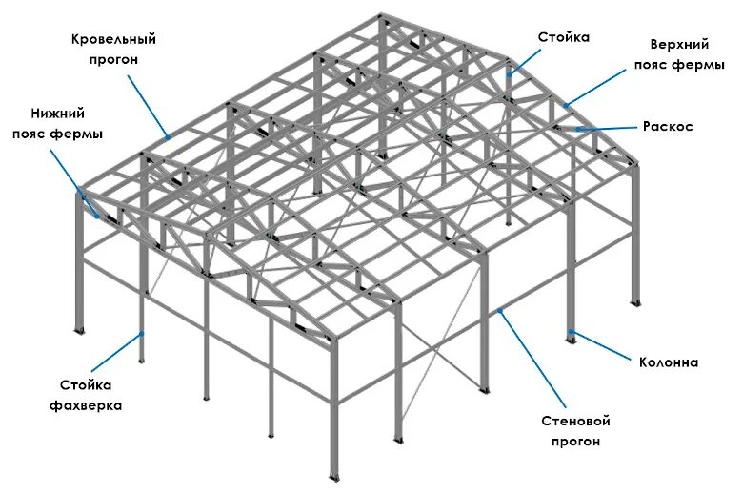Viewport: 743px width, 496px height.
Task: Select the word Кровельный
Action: click(x=113, y=39)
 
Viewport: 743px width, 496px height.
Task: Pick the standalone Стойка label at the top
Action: click(x=564, y=37)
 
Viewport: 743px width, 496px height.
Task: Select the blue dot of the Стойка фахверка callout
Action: click(x=143, y=333)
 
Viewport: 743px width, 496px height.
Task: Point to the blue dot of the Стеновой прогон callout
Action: click(x=501, y=310)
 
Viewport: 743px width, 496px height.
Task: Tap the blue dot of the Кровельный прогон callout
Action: click(x=168, y=137)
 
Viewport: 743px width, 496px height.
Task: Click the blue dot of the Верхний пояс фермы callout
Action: click(x=565, y=105)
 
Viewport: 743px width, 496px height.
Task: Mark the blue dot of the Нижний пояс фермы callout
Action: click(x=97, y=216)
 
